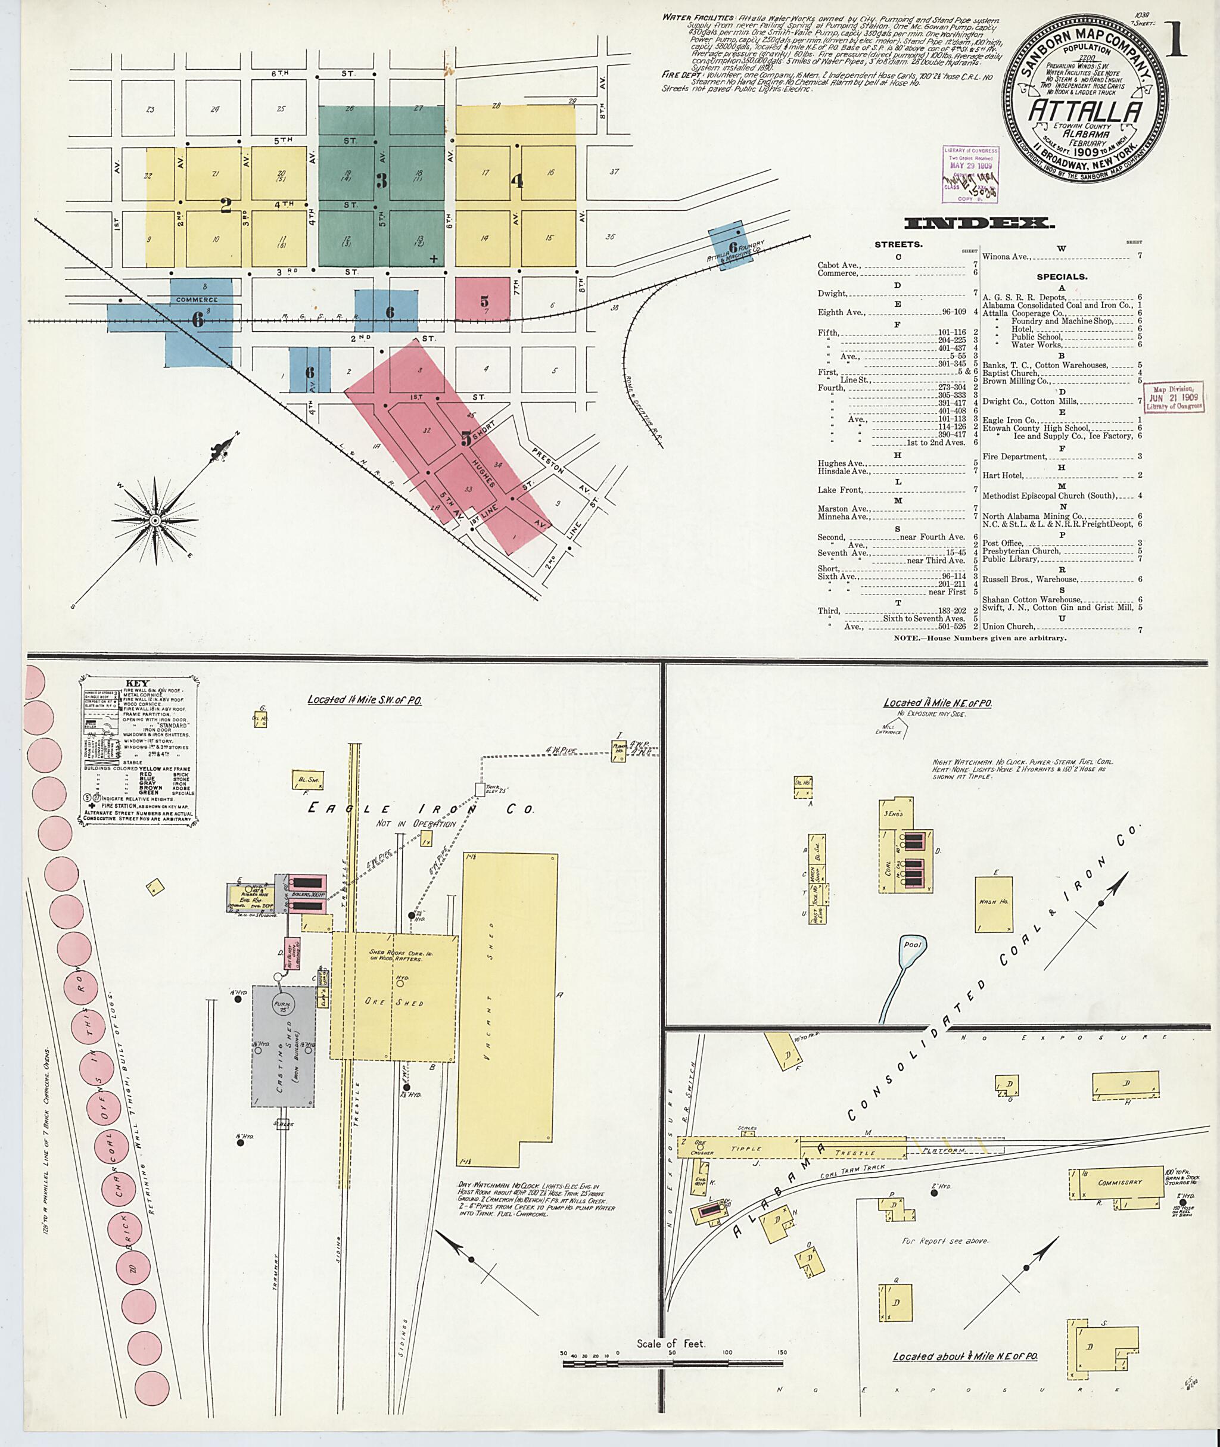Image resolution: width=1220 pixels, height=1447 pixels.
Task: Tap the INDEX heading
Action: [x=979, y=223]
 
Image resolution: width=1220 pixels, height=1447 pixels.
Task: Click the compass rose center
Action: [x=155, y=520]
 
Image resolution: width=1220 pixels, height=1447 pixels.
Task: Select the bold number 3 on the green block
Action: [x=381, y=181]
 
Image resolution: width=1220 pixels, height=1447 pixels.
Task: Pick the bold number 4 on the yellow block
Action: [x=516, y=181]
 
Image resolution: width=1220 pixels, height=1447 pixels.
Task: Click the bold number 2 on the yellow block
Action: [x=225, y=206]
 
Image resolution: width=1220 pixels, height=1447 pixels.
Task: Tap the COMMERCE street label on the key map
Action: [x=197, y=300]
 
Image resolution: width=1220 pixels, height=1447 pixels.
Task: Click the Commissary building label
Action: [x=1120, y=1182]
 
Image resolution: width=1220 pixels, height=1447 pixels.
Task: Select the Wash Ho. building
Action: [x=994, y=902]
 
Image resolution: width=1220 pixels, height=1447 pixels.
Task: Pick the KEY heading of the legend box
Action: [x=136, y=683]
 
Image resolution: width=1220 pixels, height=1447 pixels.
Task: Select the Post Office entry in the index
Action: [x=1001, y=543]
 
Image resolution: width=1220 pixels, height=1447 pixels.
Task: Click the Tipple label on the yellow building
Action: [x=746, y=1149]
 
